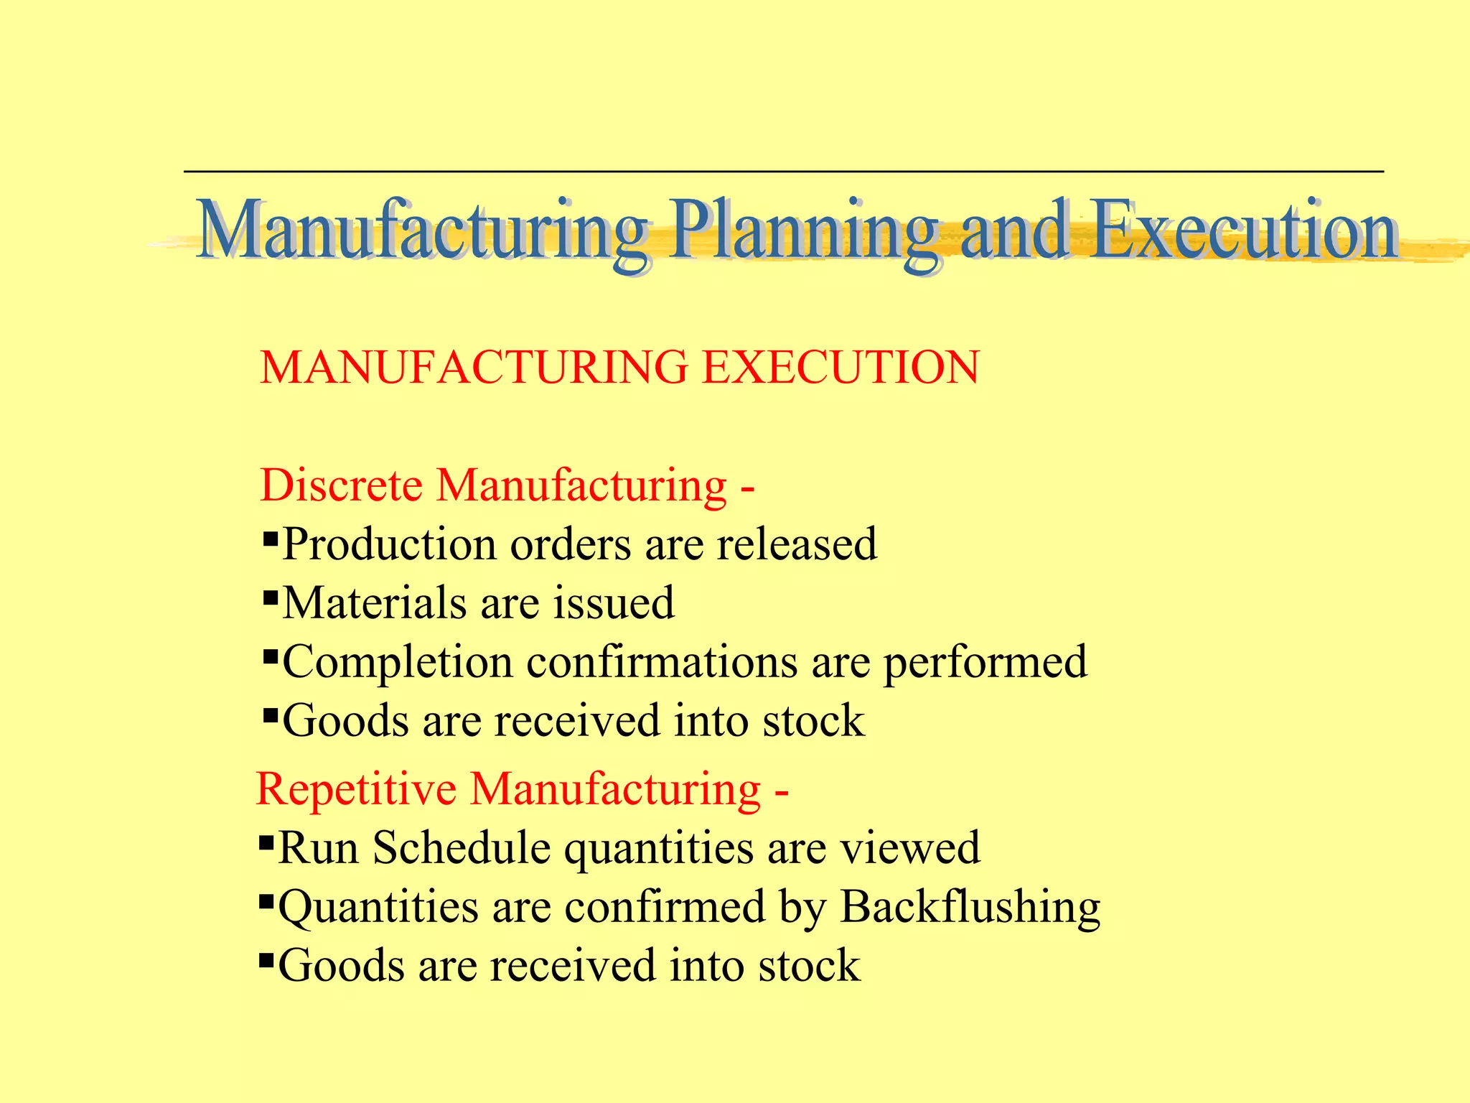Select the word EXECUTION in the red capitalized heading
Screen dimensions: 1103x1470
[840, 368]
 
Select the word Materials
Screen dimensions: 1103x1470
[374, 602]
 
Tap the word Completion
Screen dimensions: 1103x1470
[398, 662]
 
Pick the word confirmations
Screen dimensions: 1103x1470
[662, 662]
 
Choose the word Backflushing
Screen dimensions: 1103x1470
[970, 908]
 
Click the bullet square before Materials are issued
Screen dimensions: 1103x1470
[271, 597]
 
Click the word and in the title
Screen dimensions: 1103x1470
[1013, 231]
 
